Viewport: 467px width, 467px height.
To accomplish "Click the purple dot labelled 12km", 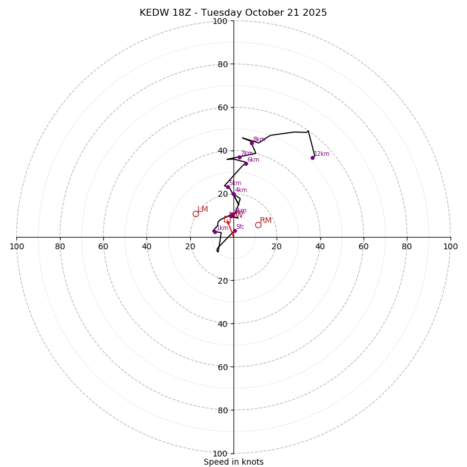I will point(312,158).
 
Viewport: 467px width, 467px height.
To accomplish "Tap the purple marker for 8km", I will point(252,143).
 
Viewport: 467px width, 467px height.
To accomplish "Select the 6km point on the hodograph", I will point(246,163).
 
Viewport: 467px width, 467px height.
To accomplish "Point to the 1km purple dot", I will point(215,232).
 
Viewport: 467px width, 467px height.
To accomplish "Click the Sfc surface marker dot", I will point(235,231).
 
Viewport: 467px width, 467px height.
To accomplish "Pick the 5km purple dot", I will point(228,187).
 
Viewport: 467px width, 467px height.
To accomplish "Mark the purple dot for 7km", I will point(239,157).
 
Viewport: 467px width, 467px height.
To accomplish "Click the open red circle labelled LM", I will point(196,214).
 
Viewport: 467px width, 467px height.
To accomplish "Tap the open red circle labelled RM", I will point(258,225).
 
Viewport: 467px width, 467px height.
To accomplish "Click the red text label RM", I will point(266,220).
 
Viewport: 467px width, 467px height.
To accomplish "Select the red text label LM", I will point(203,209).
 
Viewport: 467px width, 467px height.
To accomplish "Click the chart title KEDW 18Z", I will point(233,13).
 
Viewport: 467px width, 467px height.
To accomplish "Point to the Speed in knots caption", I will point(233,462).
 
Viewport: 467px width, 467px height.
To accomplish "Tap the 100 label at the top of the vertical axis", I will point(219,21).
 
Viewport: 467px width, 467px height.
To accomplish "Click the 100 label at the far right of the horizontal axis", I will point(450,246).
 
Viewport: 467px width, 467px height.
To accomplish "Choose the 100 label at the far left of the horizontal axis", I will point(17,246).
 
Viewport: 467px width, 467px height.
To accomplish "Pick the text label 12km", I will point(322,154).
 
